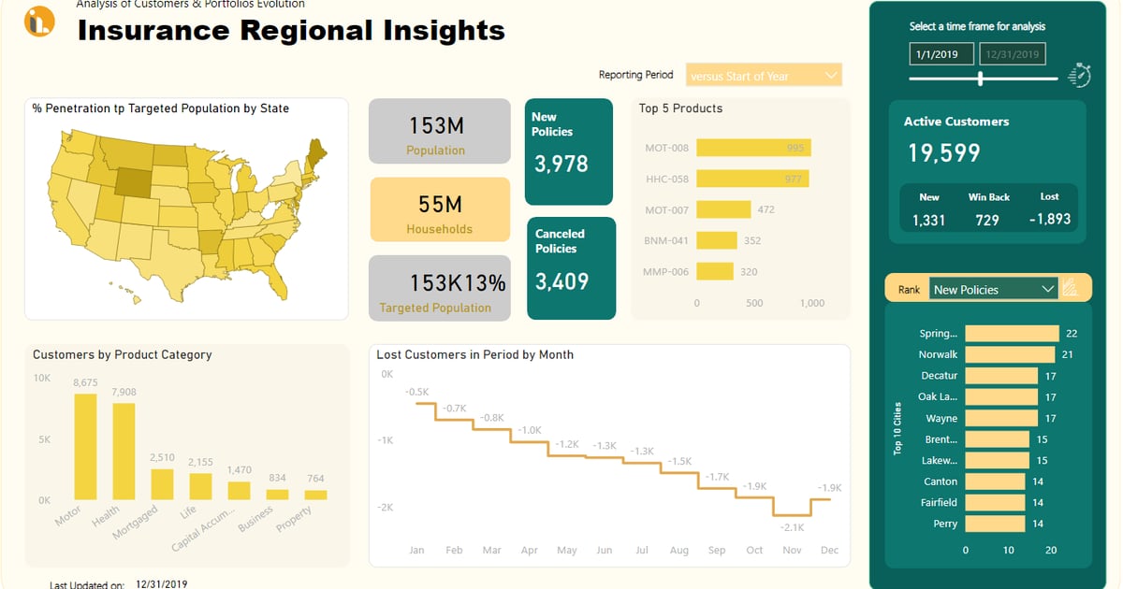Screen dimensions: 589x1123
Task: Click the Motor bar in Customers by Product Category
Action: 85,447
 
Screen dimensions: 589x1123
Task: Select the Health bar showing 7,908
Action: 124,452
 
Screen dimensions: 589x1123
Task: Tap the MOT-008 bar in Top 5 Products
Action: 753,148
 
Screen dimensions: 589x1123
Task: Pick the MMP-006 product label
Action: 666,272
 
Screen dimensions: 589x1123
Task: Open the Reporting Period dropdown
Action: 764,76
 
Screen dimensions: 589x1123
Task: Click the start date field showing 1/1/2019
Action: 941,54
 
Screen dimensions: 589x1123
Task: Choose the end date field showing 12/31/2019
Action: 1013,54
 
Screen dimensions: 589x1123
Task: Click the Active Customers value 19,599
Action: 943,153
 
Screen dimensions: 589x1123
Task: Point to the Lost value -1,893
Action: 1050,220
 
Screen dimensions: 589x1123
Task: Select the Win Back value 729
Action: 987,220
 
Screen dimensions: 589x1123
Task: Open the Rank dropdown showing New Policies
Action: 993,289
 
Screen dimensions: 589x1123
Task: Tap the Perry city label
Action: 945,524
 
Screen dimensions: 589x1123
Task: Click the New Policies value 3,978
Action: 561,165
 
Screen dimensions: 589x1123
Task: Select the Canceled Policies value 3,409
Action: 561,281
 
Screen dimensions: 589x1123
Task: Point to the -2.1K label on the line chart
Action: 792,526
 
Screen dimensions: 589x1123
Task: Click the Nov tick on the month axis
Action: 792,551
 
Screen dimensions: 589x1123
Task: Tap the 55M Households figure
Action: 439,204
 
